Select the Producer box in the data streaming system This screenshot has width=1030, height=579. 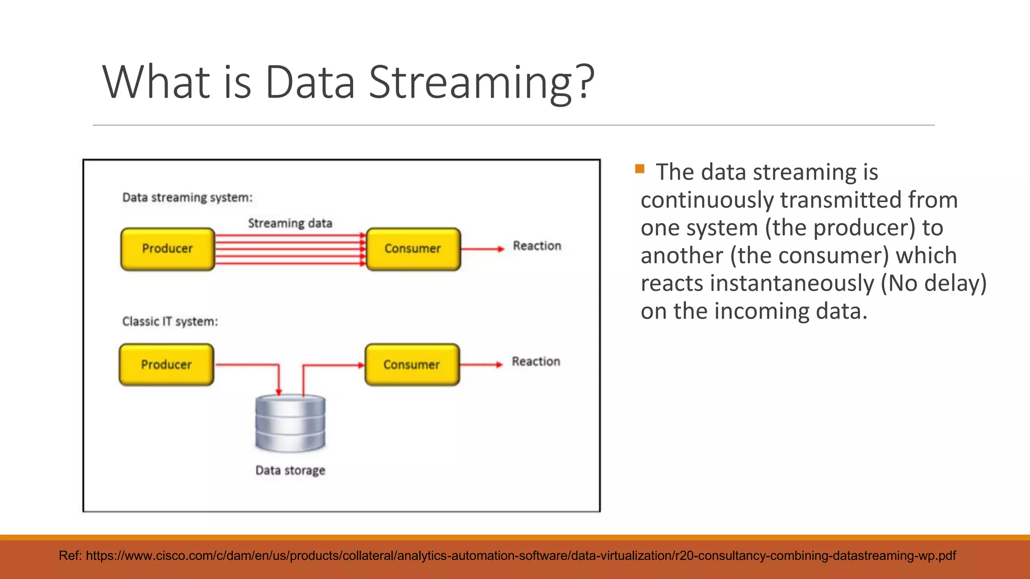pos(167,249)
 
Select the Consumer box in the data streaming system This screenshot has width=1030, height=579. pos(413,249)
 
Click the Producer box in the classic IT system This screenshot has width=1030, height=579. pos(166,365)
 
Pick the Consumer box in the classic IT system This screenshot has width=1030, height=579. pos(412,365)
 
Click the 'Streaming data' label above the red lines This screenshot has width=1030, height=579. pos(290,223)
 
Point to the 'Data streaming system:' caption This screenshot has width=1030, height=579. pos(187,198)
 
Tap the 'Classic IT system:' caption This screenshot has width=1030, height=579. pos(170,322)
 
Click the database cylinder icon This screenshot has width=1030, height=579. pos(290,423)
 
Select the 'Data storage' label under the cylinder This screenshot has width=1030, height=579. pos(290,470)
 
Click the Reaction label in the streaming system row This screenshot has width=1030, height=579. pos(537,246)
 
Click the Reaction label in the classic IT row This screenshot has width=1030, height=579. pos(536,362)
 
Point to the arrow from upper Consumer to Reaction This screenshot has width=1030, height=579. pos(482,249)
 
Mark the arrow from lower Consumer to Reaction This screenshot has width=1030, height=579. pos(481,365)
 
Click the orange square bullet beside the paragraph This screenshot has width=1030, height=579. pos(640,169)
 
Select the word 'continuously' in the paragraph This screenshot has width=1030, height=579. pos(707,200)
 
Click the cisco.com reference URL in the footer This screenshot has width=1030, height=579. pos(521,556)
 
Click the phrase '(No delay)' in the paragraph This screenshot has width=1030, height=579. pos(933,283)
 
